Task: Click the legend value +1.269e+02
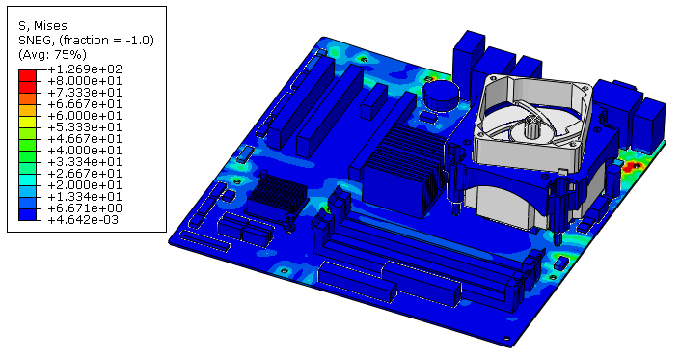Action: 85,69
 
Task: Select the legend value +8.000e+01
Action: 85,81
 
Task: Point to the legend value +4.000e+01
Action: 85,151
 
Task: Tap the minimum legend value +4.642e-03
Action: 83,220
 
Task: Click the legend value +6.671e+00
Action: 85,208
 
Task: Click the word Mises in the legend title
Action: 50,26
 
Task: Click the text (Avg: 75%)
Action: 52,55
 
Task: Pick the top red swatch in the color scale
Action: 27,75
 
